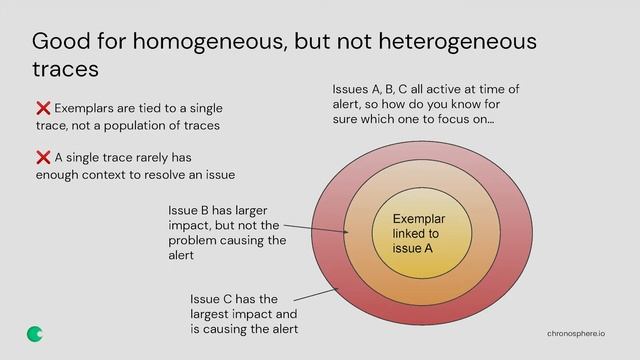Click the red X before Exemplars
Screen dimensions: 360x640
43,108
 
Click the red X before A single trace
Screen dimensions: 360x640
43,158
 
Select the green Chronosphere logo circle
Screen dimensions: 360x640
35,333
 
